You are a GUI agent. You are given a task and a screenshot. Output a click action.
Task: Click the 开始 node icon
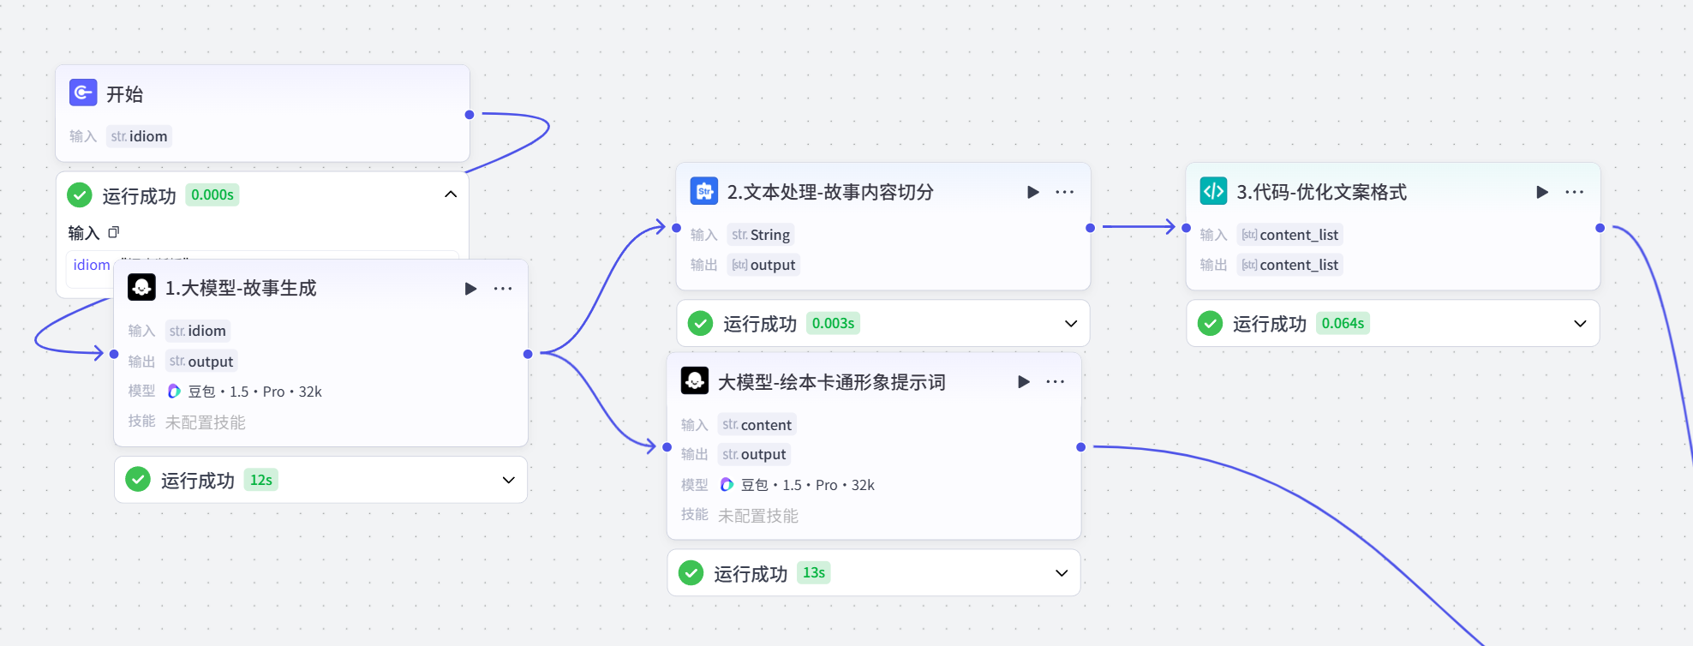pyautogui.click(x=83, y=93)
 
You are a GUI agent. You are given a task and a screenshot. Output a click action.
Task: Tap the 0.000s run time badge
pyautogui.click(x=212, y=195)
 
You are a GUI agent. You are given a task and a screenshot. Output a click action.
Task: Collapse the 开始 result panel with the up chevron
pyautogui.click(x=451, y=194)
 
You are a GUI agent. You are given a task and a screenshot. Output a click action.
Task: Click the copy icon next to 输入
pyautogui.click(x=114, y=232)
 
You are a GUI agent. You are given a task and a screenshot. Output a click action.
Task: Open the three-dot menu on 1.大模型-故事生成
pyautogui.click(x=503, y=289)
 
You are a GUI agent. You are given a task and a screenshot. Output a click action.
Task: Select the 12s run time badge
pyautogui.click(x=261, y=481)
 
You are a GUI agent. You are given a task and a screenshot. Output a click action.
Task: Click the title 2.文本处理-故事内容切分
pyautogui.click(x=829, y=192)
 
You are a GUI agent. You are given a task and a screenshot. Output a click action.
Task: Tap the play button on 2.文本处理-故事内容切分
pyautogui.click(x=1033, y=192)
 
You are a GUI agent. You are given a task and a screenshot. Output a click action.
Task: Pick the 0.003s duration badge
pyautogui.click(x=833, y=324)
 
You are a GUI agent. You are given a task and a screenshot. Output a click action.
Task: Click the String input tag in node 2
pyautogui.click(x=761, y=235)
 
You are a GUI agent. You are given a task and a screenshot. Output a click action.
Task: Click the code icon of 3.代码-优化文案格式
pyautogui.click(x=1213, y=191)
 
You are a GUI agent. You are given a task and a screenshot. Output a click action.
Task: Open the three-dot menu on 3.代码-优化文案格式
pyautogui.click(x=1574, y=192)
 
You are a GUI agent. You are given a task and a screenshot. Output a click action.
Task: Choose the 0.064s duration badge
pyautogui.click(x=1343, y=324)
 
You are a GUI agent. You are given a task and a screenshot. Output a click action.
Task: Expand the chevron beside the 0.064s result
pyautogui.click(x=1580, y=324)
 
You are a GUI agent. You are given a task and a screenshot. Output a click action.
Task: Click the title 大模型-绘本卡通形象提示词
pyautogui.click(x=831, y=382)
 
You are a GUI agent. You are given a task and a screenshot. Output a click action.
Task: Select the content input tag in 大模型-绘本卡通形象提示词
pyautogui.click(x=757, y=425)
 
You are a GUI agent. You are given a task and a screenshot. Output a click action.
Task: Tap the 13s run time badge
pyautogui.click(x=814, y=573)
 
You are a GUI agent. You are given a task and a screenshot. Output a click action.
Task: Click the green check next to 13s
pyautogui.click(x=691, y=573)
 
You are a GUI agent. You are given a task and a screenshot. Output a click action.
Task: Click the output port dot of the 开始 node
pyautogui.click(x=470, y=115)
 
